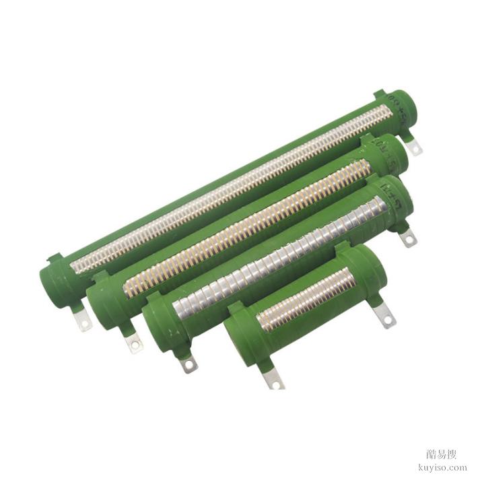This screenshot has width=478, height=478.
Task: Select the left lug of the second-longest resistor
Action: pyautogui.click(x=135, y=343)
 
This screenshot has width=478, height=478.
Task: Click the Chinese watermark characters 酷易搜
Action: pyautogui.click(x=442, y=453)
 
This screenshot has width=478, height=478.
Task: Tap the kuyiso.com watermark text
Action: pyautogui.click(x=442, y=466)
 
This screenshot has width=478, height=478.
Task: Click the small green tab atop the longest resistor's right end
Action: pyautogui.click(x=378, y=94)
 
